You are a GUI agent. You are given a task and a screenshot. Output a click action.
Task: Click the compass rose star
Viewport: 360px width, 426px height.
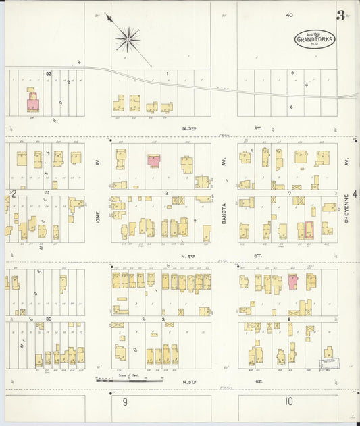(x=127, y=39)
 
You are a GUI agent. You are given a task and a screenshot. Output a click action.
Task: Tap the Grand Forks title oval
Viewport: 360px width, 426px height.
(x=314, y=40)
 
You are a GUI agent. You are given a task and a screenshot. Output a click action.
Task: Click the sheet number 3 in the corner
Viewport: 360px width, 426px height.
(x=341, y=15)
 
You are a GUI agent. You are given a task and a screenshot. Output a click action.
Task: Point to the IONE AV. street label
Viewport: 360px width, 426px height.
(x=98, y=215)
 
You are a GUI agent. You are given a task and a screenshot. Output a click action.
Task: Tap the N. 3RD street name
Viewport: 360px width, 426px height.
(x=192, y=128)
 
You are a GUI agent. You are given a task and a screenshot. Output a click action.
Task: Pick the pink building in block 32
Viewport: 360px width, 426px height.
(x=32, y=105)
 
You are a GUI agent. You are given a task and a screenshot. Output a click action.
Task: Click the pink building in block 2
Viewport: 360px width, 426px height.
(x=153, y=160)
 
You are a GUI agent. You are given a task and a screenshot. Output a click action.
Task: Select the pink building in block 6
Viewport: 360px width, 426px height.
(x=293, y=282)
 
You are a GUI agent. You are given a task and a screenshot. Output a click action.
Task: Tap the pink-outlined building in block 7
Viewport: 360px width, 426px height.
(x=309, y=230)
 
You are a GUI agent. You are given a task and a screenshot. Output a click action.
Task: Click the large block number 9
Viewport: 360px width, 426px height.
(x=125, y=402)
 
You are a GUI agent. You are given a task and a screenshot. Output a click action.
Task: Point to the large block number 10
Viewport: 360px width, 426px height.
(x=288, y=402)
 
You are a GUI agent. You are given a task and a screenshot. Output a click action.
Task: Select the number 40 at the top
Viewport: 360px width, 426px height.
(x=289, y=14)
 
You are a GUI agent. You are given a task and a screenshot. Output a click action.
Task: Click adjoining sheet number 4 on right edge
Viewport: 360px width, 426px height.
(x=355, y=194)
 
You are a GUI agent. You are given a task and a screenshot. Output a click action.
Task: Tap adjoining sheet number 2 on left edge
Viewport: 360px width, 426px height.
(x=13, y=194)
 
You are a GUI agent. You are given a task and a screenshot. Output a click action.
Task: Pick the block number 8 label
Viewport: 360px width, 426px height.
(x=292, y=72)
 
